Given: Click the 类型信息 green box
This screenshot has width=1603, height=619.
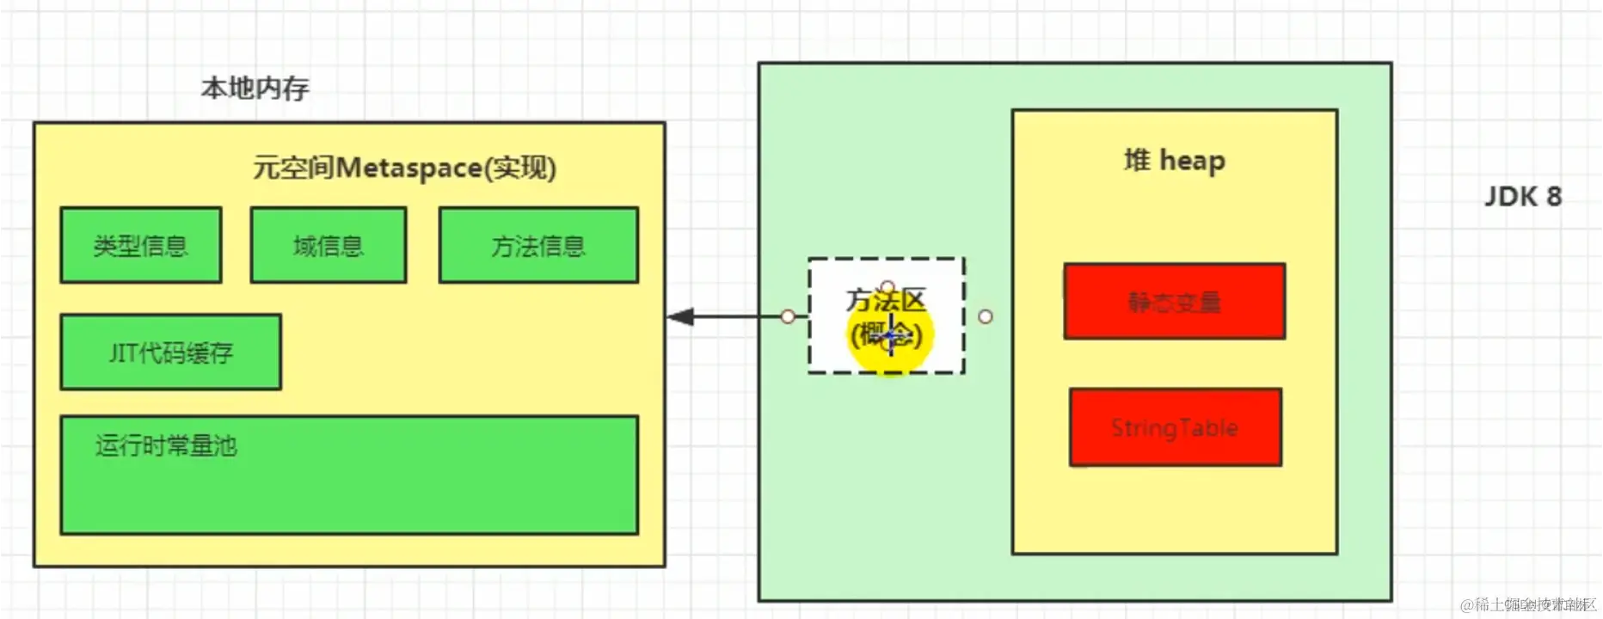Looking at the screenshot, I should pos(141,245).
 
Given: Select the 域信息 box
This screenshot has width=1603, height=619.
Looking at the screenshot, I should pos(329,245).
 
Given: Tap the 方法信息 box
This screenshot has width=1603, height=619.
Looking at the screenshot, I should pos(538,245).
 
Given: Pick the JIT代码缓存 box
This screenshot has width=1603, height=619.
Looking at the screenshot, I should pos(170,352).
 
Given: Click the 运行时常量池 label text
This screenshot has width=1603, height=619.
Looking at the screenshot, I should pos(166,445).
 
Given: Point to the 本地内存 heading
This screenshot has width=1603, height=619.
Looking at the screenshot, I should pos(255,88).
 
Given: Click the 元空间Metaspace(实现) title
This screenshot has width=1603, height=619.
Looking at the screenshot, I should pos(404,168).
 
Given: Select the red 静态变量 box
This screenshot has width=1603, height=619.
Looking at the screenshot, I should pos(1175,302).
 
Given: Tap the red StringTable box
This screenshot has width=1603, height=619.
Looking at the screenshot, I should pos(1176,427).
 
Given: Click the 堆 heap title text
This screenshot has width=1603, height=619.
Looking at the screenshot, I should pos(1175,161).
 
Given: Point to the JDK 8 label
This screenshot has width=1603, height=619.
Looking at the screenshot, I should pos(1523,197).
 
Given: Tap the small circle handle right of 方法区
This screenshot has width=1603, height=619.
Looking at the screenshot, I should pos(986,316).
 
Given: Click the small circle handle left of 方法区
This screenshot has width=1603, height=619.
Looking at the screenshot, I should pos(788,316).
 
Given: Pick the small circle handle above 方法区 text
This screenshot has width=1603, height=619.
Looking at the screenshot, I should pos(887,286).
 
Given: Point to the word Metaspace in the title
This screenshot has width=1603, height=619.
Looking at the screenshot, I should pos(408,168).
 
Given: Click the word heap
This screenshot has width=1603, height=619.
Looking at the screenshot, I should pos(1192,161).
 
